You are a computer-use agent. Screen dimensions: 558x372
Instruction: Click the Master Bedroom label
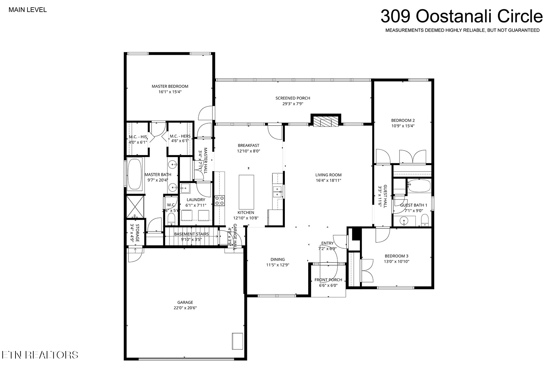(170, 86)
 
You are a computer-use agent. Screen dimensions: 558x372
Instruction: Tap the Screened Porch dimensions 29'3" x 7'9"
(293, 104)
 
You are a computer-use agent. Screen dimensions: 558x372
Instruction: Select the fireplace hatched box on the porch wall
(325, 122)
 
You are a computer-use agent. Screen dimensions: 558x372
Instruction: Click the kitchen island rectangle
(246, 192)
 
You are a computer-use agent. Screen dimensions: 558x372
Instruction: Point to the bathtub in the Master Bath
(135, 174)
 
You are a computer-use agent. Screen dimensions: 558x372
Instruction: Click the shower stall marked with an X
(135, 207)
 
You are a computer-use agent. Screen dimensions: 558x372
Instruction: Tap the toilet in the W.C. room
(172, 219)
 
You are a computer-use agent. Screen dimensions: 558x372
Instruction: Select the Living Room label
(328, 175)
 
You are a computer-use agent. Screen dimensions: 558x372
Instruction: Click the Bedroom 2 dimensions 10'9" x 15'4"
(403, 126)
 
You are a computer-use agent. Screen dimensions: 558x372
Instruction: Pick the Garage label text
(185, 302)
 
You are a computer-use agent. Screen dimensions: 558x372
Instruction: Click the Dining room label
(278, 259)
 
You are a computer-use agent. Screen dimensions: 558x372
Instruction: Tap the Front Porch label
(328, 280)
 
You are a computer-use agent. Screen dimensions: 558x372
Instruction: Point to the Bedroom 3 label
(396, 256)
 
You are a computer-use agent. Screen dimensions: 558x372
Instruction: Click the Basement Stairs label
(191, 234)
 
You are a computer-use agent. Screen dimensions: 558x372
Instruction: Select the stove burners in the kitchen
(219, 201)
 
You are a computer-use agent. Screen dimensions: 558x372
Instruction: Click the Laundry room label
(196, 200)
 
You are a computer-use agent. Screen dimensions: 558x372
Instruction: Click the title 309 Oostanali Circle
(462, 16)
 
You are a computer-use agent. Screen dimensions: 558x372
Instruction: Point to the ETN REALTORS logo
(40, 355)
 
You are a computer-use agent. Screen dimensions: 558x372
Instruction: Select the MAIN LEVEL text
(28, 10)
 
